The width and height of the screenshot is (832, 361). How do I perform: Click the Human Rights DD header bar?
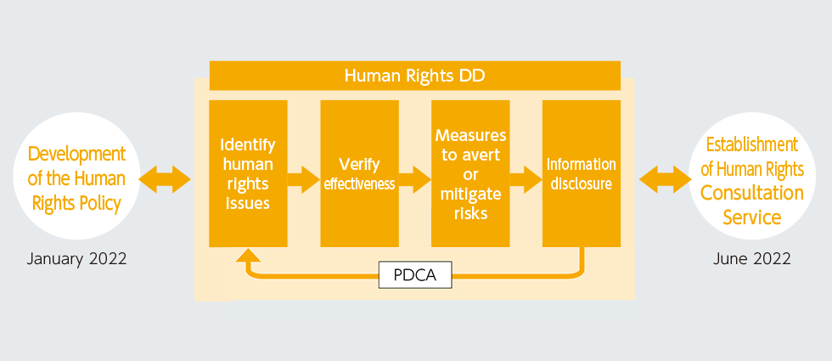coord(414,76)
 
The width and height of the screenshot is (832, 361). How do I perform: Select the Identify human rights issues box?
coord(247,173)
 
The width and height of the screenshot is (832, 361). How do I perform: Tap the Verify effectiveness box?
coord(359,173)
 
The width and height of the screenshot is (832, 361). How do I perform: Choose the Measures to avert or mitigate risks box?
coord(470,173)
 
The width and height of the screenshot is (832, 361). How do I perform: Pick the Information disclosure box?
coord(582,173)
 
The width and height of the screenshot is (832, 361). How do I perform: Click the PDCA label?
coord(415,274)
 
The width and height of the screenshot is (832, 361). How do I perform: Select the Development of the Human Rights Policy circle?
coord(76,178)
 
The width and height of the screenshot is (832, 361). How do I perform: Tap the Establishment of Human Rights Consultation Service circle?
coord(751,180)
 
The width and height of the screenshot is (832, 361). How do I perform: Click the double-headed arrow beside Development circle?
coord(165,179)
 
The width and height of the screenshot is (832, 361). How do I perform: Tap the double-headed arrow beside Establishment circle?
coord(664,179)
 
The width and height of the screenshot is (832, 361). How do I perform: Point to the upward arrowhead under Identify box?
coord(247,257)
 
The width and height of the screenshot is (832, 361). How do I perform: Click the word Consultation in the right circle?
coord(751,193)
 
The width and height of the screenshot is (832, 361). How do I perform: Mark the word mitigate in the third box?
coord(470,195)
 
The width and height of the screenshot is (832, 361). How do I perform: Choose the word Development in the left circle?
coord(76,154)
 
